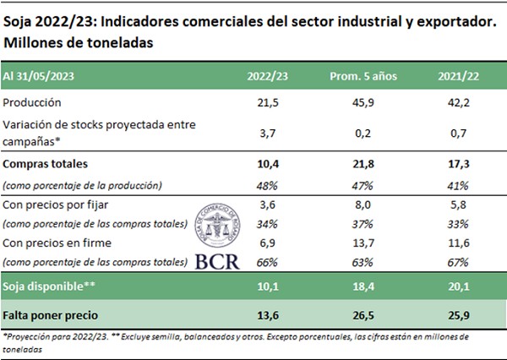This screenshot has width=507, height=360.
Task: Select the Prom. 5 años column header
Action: click(357, 75)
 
